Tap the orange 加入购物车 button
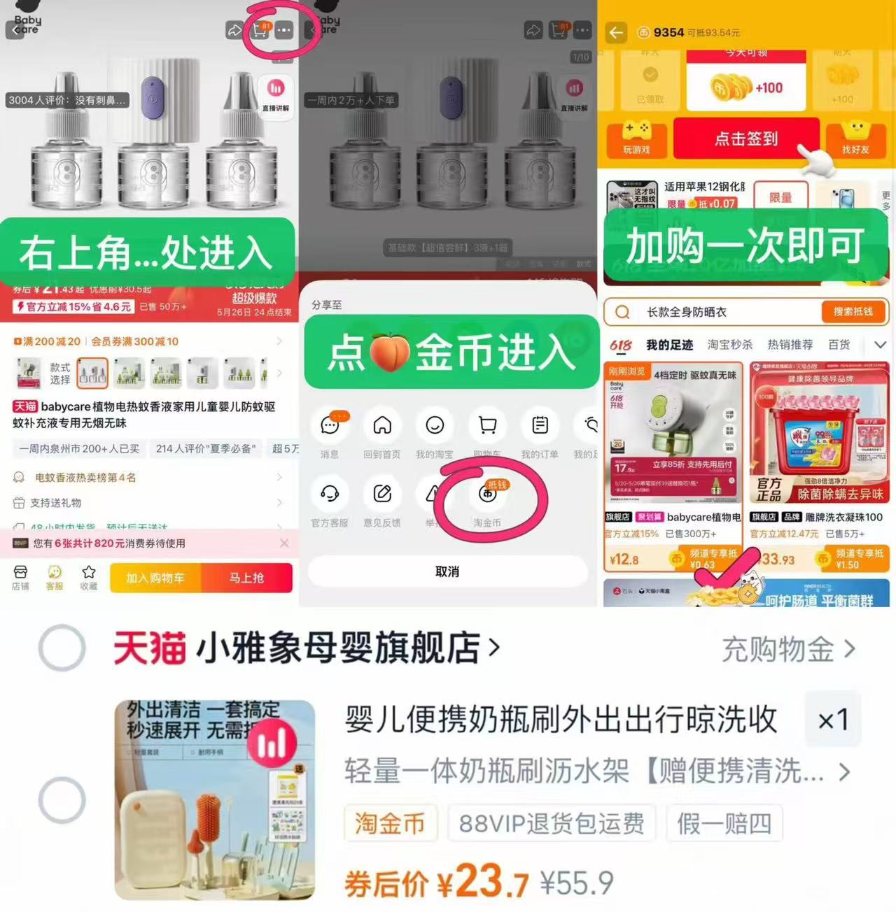point(155,578)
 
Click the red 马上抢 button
point(246,578)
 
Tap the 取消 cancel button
point(447,572)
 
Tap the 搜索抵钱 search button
point(853,312)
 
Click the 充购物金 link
point(788,649)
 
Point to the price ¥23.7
point(483,883)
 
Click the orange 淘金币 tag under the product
point(390,823)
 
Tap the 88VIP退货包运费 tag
point(552,823)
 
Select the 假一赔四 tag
point(724,823)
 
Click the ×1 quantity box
point(833,720)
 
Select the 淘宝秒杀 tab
point(729,345)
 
